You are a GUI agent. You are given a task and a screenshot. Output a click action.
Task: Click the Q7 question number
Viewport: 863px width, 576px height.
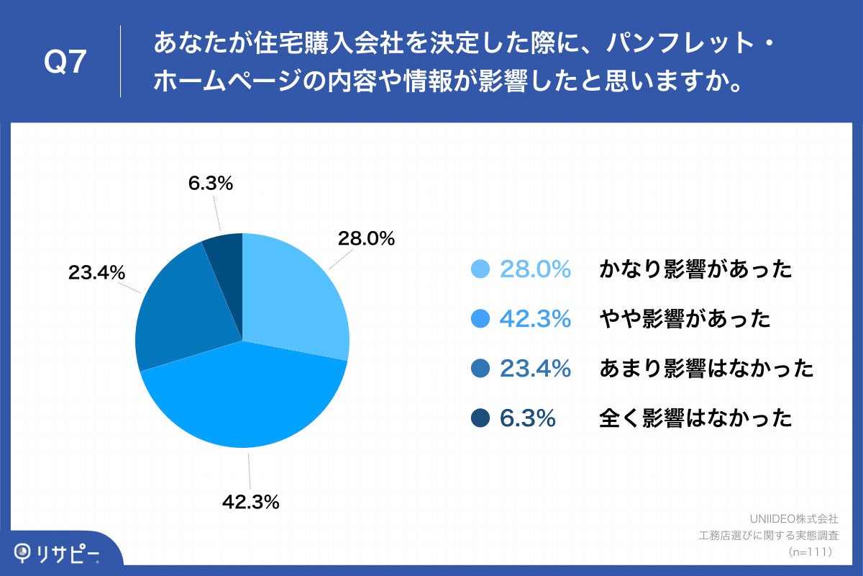point(65,63)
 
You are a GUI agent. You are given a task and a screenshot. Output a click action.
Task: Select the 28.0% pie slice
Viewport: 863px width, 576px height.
point(291,295)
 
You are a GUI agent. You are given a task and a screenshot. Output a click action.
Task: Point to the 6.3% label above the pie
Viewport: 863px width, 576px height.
point(211,184)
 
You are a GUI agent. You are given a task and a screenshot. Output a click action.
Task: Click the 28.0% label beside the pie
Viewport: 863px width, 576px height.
point(366,239)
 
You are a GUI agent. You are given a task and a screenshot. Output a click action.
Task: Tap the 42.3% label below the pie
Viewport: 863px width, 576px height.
point(250,502)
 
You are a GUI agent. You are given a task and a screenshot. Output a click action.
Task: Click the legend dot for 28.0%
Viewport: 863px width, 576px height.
point(480,269)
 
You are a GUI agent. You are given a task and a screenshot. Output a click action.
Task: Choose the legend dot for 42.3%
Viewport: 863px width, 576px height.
point(480,319)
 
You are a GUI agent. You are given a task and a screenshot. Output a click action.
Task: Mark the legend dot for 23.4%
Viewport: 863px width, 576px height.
point(480,369)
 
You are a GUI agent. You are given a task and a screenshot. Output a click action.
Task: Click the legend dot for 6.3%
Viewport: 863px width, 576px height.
point(480,418)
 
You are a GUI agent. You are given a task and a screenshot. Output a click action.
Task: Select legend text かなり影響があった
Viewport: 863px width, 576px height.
point(695,269)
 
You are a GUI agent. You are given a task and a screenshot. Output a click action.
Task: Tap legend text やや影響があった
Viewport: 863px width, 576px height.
point(685,319)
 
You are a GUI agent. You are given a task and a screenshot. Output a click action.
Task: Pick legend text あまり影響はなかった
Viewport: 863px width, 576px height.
point(706,369)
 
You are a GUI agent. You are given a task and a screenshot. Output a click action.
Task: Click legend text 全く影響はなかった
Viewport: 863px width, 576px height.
point(695,418)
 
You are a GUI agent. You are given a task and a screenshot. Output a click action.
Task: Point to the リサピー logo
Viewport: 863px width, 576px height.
point(58,553)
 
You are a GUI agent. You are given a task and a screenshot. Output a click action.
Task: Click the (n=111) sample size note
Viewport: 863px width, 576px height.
point(810,552)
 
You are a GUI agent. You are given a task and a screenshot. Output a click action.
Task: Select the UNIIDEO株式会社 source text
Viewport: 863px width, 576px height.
point(793,518)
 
